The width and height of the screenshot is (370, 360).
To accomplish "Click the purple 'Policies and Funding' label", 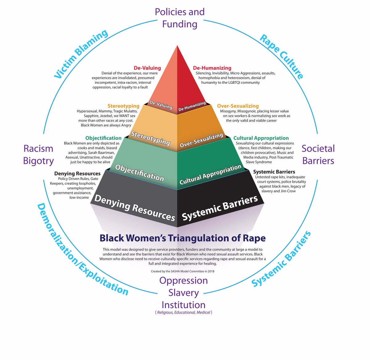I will point(180,18).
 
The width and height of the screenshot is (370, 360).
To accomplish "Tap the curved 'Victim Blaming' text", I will point(81,54).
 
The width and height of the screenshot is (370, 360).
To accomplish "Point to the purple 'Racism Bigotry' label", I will point(39,155).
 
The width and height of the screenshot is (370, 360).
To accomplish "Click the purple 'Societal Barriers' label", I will point(318,155).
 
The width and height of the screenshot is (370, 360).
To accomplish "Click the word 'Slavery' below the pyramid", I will point(183,293).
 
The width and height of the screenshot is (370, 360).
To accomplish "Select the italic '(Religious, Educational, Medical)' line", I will point(183,312).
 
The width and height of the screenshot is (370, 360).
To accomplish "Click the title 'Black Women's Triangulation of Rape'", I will point(183,238).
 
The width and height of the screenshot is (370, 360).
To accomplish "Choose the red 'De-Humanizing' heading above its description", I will point(212,68).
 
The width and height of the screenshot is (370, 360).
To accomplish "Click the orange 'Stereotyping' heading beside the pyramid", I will point(123,106).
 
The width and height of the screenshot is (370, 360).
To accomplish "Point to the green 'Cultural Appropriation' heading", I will point(261,138).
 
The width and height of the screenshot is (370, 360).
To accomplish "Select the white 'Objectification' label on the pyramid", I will point(139,173).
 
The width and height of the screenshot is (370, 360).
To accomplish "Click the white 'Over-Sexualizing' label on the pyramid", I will point(201,140).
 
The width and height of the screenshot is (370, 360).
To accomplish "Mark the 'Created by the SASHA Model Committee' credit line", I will point(183,271).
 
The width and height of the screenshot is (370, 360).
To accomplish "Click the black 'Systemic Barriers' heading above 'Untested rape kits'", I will point(274,172).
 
